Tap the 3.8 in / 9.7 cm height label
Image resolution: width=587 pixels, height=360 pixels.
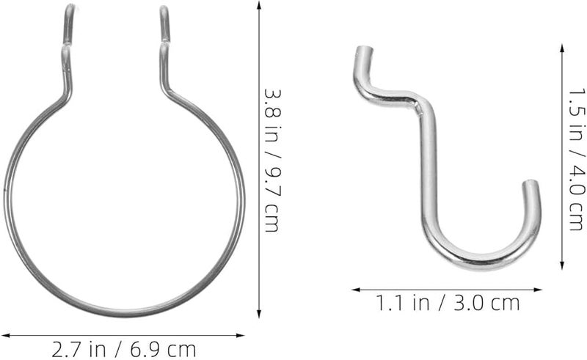[x=272, y=161]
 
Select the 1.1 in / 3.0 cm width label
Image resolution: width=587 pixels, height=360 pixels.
[x=446, y=301]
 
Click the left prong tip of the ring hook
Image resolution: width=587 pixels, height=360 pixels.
[x=68, y=9]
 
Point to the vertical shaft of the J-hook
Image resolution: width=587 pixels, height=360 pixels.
[x=429, y=169]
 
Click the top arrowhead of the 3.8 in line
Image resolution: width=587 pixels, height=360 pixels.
[x=259, y=4]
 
